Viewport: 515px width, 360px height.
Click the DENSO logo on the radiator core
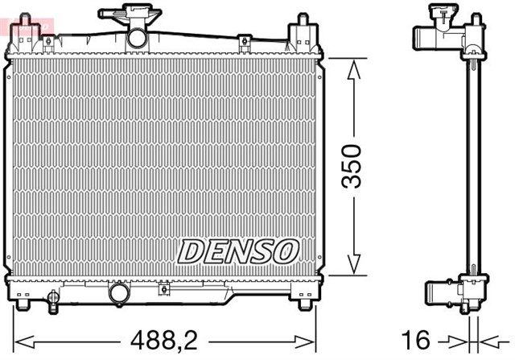click(238, 250)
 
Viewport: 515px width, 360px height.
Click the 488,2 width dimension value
click(154, 338)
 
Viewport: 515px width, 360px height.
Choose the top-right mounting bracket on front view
click(300, 32)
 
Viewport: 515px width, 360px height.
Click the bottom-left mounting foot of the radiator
click(24, 305)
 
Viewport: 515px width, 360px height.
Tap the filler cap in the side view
click(441, 14)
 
